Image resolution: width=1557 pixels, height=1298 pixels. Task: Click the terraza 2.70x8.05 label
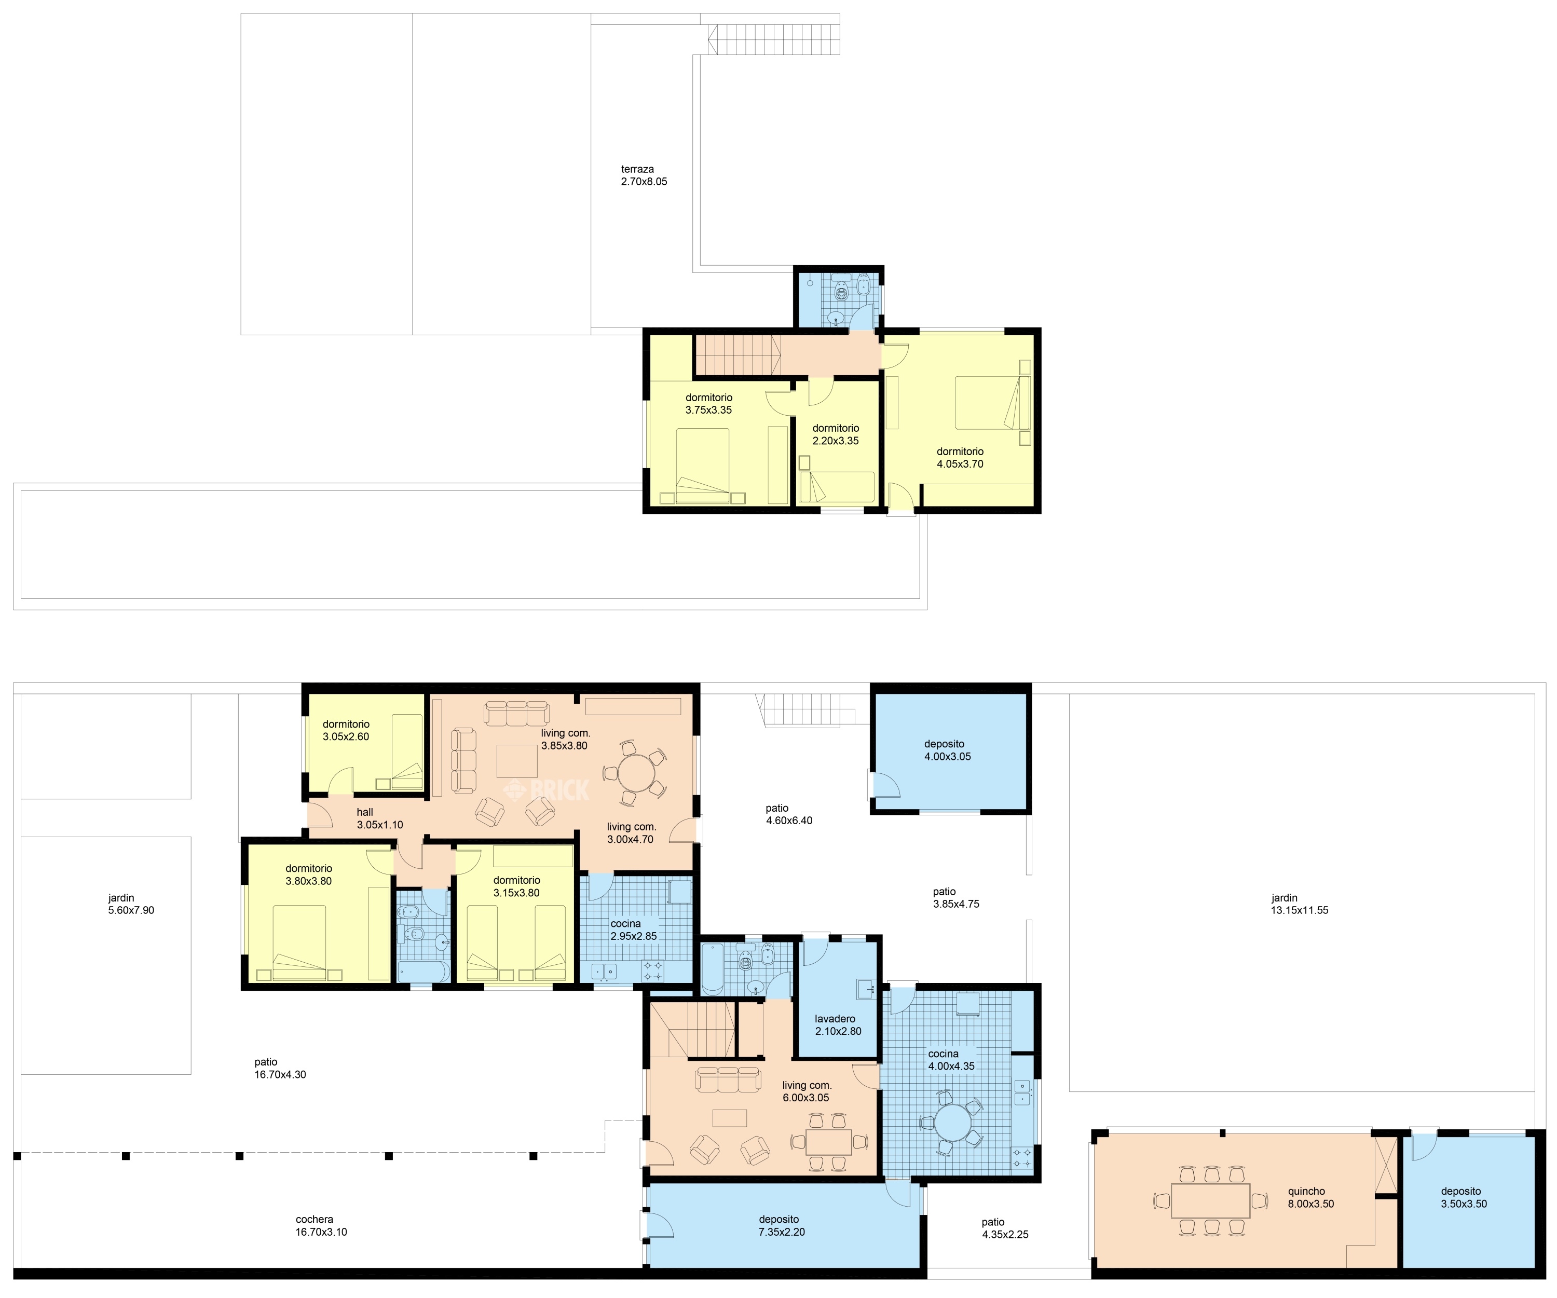(644, 175)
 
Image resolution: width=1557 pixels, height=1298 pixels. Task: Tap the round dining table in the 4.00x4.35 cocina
(952, 1123)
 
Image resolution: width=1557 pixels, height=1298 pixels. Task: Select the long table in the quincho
(1211, 1200)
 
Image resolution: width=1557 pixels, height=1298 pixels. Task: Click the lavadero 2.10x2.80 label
(838, 1024)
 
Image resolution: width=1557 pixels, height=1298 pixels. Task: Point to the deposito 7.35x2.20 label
(782, 1225)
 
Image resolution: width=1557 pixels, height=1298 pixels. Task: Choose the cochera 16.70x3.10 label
(321, 1225)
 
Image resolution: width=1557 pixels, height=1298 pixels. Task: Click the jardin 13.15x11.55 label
(1299, 904)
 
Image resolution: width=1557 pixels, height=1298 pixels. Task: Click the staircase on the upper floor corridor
(737, 355)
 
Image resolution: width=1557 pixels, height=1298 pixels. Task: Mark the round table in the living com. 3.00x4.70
(635, 773)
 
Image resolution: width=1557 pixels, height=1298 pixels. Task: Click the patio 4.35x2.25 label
(1005, 1228)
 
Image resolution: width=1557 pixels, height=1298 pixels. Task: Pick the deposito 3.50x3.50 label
(1464, 1198)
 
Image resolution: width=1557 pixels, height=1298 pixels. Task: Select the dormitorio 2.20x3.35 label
(836, 434)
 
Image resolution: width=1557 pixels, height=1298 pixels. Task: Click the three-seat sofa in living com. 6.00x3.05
(727, 1080)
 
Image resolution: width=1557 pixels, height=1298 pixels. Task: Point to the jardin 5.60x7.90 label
(131, 904)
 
